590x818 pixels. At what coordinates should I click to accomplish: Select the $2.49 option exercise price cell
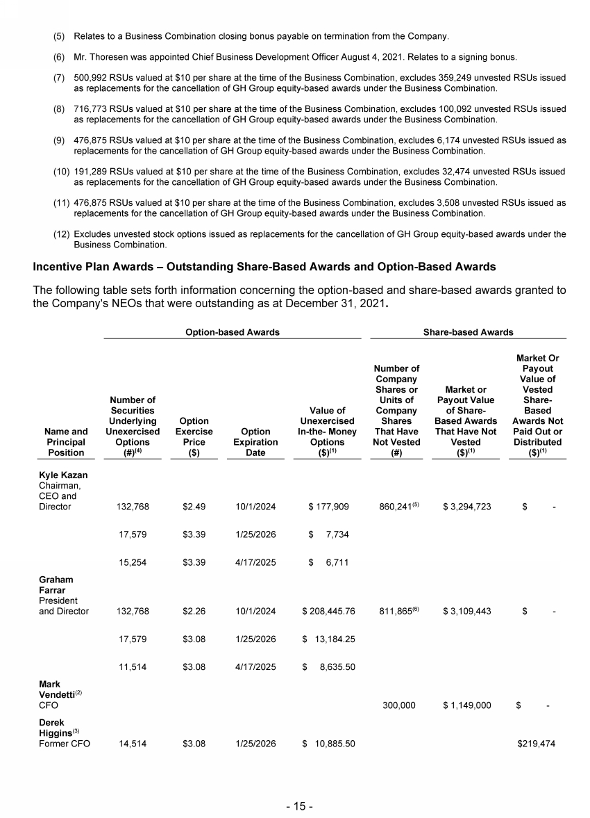tap(192, 507)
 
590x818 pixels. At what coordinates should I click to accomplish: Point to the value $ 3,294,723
tap(466, 507)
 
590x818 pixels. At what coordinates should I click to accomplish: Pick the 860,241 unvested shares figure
tap(394, 507)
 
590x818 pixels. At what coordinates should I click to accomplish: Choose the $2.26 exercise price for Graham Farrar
tap(192, 612)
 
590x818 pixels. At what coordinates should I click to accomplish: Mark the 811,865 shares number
tap(394, 612)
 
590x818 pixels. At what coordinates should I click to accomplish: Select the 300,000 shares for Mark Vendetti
tap(399, 705)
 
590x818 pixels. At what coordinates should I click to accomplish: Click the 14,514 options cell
tap(132, 744)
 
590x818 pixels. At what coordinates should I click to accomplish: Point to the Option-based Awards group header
tap(232, 332)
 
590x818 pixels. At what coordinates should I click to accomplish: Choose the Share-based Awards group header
tap(469, 332)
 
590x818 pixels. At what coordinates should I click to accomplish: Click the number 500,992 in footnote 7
tap(90, 78)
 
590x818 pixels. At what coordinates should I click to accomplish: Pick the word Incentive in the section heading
tap(58, 267)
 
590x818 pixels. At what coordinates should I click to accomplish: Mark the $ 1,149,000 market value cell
tap(466, 705)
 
